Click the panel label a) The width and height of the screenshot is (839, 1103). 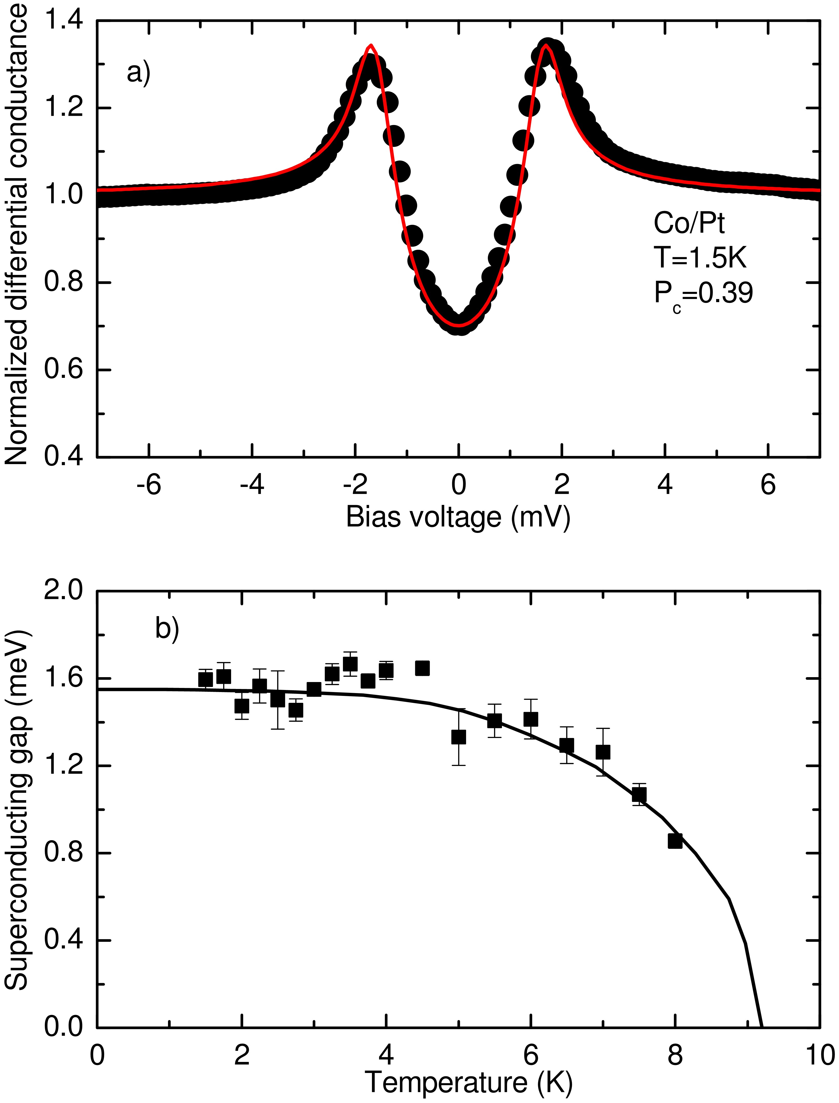click(138, 73)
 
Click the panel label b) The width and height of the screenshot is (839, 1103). click(167, 628)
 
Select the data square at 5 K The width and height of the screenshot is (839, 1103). click(458, 737)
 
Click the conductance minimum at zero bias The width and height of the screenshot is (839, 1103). click(459, 326)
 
